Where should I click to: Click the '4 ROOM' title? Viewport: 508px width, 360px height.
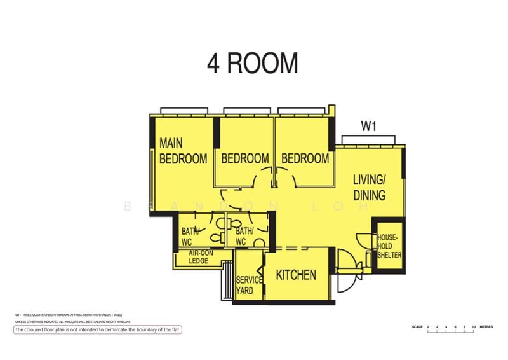tap(253, 64)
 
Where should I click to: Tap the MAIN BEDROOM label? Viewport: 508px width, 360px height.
tap(183, 151)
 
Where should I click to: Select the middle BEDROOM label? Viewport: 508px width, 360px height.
tap(244, 158)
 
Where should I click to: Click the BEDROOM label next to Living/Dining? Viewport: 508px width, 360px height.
tap(305, 158)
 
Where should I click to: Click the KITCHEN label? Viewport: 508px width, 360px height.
tap(296, 275)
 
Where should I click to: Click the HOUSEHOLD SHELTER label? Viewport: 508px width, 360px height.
tap(387, 246)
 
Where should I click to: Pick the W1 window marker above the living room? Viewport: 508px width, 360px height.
tap(369, 127)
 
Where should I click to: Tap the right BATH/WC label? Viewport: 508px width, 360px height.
tap(244, 236)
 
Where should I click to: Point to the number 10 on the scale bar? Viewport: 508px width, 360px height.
tap(474, 326)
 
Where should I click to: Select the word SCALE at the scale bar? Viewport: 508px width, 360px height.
tap(417, 326)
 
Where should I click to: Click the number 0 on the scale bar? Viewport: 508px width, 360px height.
tap(428, 326)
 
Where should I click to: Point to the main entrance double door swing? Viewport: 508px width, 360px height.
tap(346, 272)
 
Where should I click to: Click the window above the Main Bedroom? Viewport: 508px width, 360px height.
tap(184, 111)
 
